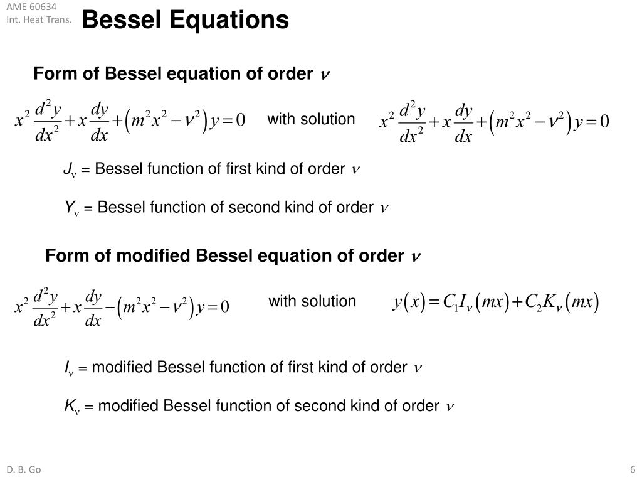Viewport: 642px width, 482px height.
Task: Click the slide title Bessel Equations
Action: pyautogui.click(x=185, y=19)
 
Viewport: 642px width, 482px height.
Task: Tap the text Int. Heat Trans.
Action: pyautogui.click(x=39, y=19)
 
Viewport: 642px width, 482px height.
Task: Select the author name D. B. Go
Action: pyautogui.click(x=24, y=469)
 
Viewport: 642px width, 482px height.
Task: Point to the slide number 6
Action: pyautogui.click(x=633, y=469)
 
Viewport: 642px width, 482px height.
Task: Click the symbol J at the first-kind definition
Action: pyautogui.click(x=68, y=168)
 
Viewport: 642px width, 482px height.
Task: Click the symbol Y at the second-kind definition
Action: pyautogui.click(x=69, y=206)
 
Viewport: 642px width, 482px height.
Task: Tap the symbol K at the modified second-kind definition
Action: pyautogui.click(x=70, y=405)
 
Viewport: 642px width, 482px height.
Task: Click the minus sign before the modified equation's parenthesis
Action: pyautogui.click(x=110, y=306)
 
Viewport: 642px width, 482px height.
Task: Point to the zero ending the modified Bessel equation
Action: pyautogui.click(x=225, y=306)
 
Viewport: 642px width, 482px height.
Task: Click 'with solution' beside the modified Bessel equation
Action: pyautogui.click(x=312, y=301)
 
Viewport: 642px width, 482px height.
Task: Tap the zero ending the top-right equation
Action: pyautogui.click(x=604, y=121)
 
